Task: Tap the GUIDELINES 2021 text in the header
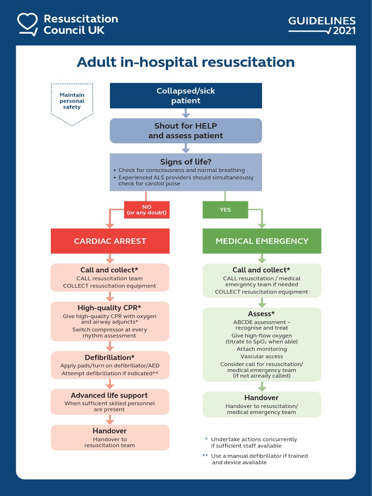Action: tap(322, 25)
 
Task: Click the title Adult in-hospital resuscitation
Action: tap(186, 62)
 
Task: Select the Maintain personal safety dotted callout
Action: tap(72, 102)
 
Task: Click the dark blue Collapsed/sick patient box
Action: tap(186, 95)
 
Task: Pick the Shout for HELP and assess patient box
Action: tap(186, 131)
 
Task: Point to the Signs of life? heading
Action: tap(186, 162)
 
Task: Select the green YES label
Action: tap(225, 210)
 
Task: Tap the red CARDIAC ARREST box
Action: tap(110, 241)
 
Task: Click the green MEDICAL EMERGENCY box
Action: tap(262, 241)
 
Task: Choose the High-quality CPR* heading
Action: tap(109, 308)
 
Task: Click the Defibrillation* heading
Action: tap(109, 357)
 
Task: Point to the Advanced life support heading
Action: tap(109, 395)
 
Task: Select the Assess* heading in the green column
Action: tap(262, 314)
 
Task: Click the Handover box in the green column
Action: tap(262, 404)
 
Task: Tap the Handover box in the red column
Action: tap(110, 437)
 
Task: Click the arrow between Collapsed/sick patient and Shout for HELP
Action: tap(186, 113)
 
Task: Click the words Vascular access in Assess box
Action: tap(262, 356)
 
